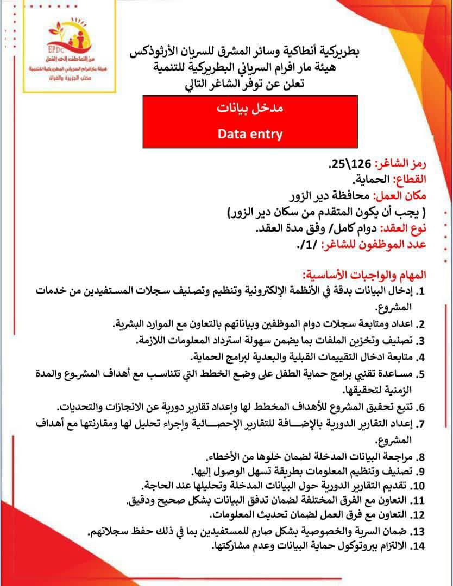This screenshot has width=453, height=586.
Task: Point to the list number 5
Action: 420,374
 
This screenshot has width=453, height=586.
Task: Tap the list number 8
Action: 420,457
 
